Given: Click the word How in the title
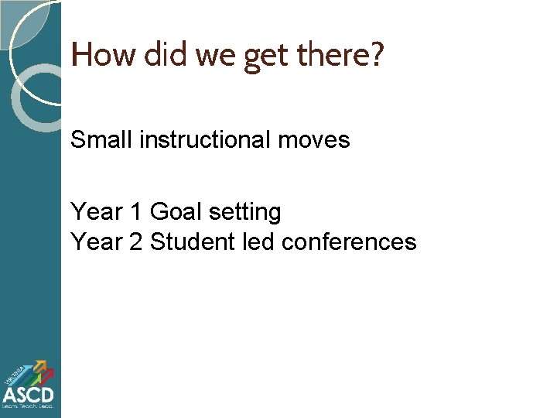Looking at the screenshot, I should (x=94, y=56).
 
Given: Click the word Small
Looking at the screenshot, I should (x=101, y=140).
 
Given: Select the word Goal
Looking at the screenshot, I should (x=174, y=211).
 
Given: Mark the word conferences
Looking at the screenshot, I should (x=349, y=242).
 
